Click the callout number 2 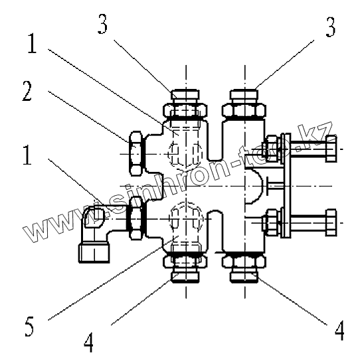click(x=27, y=91)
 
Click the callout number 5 click(x=29, y=327)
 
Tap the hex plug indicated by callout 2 click(x=135, y=154)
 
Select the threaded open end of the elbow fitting click(x=94, y=253)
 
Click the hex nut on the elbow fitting click(x=135, y=218)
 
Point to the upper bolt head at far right click(x=331, y=149)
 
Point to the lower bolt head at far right click(x=331, y=222)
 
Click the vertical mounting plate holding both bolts click(x=286, y=185)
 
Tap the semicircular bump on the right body click(x=254, y=186)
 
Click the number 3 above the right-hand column click(x=330, y=27)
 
